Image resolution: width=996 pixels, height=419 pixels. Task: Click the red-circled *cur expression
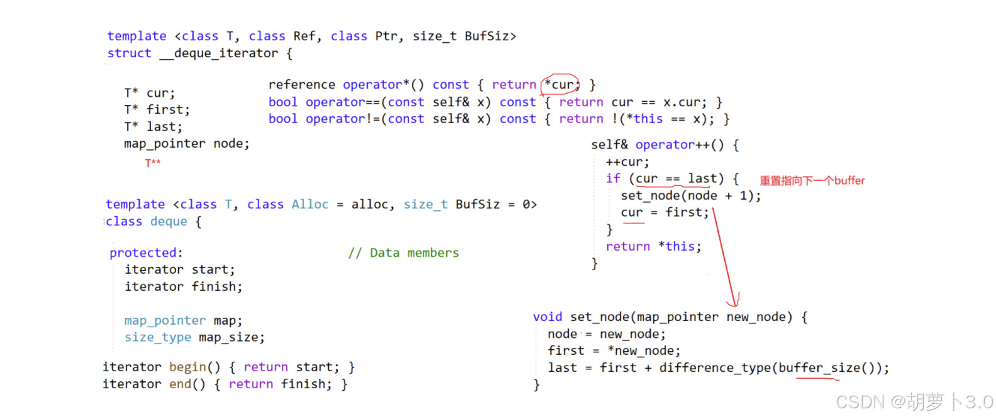tap(560, 84)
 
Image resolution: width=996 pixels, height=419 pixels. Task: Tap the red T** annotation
tap(153, 163)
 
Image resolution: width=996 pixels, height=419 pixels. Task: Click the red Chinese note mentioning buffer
tap(812, 181)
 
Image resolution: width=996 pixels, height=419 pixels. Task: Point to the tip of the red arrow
tap(734, 305)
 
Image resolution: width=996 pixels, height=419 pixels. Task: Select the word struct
tap(129, 53)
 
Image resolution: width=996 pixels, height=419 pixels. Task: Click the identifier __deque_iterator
tap(219, 53)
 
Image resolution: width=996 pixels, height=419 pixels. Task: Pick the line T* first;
tap(157, 110)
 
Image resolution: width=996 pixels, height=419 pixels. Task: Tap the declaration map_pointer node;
tap(186, 144)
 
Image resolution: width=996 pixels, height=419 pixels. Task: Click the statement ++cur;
tap(627, 162)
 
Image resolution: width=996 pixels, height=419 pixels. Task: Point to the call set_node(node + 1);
tap(690, 196)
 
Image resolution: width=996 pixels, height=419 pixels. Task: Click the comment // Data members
tap(404, 253)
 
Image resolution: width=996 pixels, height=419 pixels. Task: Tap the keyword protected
tap(143, 253)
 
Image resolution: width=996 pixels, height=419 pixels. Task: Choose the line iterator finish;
tap(183, 286)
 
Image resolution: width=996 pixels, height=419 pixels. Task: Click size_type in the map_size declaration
tap(157, 337)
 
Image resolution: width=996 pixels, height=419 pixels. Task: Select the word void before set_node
tap(547, 317)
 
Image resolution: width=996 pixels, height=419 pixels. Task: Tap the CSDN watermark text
tap(914, 401)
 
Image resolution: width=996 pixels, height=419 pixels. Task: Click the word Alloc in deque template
tap(310, 204)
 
